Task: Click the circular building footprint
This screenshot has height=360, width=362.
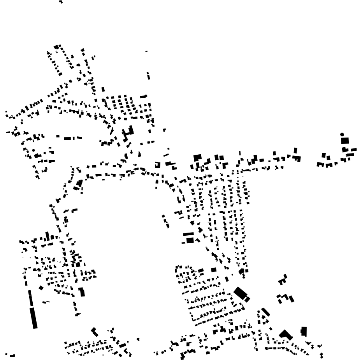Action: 342,134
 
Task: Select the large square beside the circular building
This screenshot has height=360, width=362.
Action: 345,141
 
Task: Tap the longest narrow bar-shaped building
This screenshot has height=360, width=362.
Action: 34,318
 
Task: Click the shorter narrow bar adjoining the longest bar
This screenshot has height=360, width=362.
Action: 30,298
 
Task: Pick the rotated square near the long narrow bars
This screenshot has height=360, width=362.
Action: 41,288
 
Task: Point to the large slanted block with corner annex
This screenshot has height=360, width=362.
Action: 241,293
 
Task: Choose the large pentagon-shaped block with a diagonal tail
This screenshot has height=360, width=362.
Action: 285,334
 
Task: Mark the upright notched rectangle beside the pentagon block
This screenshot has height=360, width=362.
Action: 304,331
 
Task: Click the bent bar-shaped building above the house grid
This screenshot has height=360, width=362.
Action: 144,96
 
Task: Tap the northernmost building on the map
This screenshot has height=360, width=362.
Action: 61,2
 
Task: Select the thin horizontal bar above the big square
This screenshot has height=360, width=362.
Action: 188,234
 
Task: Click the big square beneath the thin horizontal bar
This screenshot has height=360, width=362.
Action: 190,240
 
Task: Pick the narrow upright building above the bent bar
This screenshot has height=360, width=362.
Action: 148,75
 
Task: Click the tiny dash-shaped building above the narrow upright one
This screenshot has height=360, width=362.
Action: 146,51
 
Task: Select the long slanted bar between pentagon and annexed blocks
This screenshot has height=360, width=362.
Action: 266,312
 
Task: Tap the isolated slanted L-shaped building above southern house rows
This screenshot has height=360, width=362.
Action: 94,332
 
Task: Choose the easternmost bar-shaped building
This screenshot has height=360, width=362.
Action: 353,150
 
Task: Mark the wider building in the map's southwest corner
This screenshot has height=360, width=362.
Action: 12,356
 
